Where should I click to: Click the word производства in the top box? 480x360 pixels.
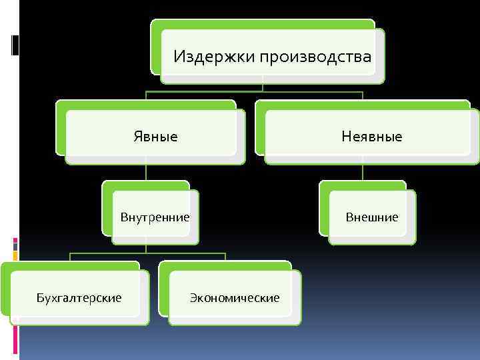tap(316, 57)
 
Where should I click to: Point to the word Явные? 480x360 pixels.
tap(155, 137)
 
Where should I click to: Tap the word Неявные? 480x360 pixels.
tap(371, 137)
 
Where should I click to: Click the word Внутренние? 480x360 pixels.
tap(155, 217)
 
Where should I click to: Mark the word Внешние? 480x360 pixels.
tap(371, 217)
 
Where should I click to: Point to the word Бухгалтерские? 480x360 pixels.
tap(79, 297)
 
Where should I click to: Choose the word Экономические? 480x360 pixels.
tap(234, 297)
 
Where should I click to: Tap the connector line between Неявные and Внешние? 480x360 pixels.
tap(363, 172)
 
